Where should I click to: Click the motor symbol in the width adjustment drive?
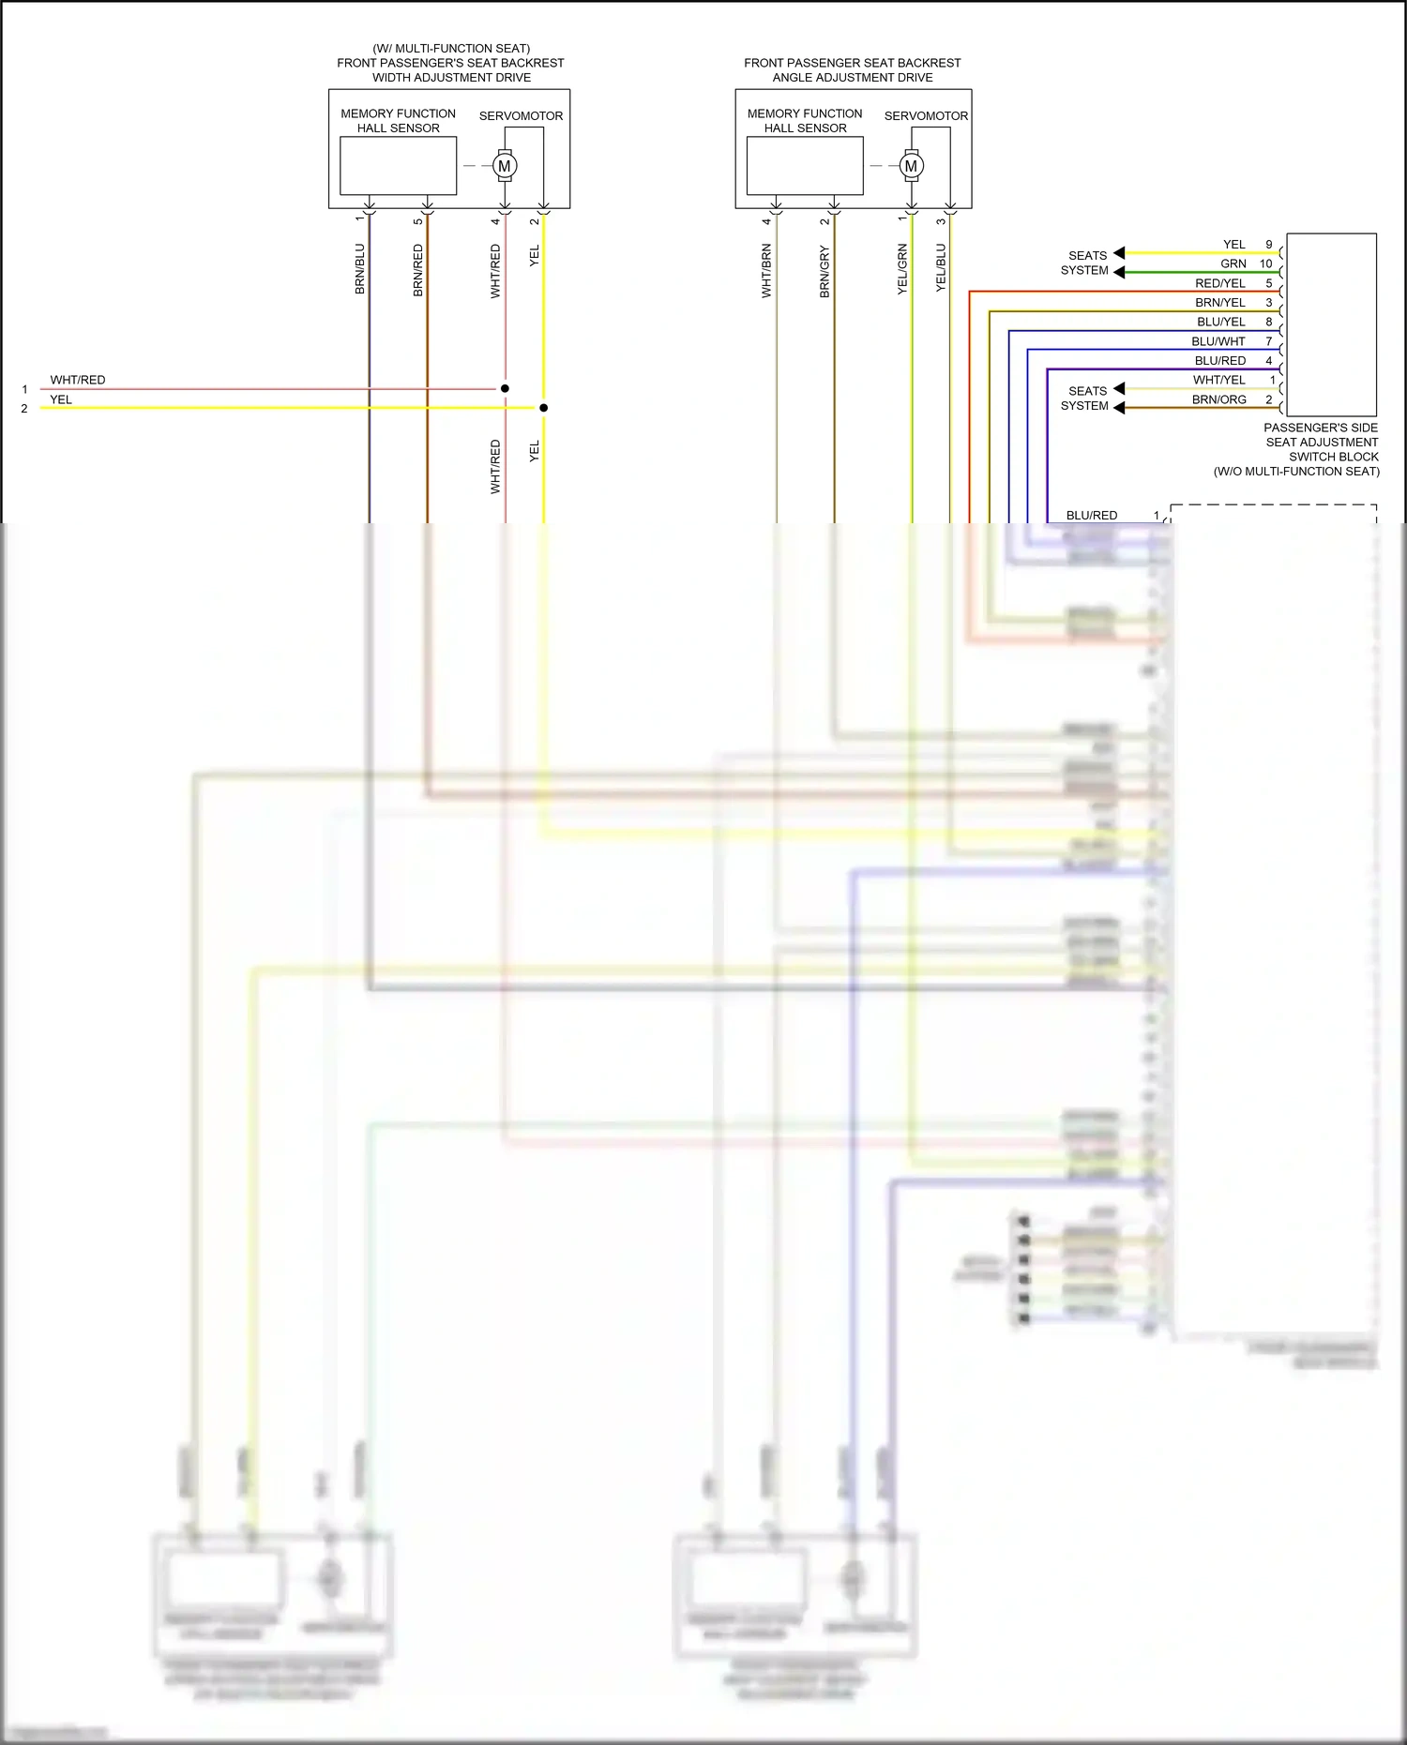coord(505,166)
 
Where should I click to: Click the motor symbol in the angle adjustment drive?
coord(911,166)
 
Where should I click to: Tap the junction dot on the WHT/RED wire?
coord(505,388)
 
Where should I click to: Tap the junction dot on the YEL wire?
coord(543,408)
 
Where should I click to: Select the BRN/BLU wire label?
coord(359,269)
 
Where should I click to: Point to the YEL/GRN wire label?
coord(902,269)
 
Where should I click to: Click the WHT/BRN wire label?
coord(766,271)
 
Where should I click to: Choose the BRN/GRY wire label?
coord(825,271)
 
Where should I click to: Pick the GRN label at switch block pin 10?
coord(1233,264)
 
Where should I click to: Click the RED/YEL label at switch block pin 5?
coord(1219,283)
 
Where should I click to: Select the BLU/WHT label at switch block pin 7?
coord(1218,341)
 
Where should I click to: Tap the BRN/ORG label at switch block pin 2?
coord(1218,399)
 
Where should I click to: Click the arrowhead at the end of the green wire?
coord(1119,272)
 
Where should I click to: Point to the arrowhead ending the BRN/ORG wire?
coord(1119,408)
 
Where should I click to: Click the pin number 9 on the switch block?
coord(1269,245)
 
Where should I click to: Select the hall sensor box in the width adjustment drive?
coord(398,166)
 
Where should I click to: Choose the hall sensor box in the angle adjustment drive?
coord(805,166)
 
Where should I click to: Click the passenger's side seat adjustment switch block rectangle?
coord(1331,324)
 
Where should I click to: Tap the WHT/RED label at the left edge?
coord(78,380)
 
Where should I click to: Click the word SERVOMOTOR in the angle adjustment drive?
coord(926,116)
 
